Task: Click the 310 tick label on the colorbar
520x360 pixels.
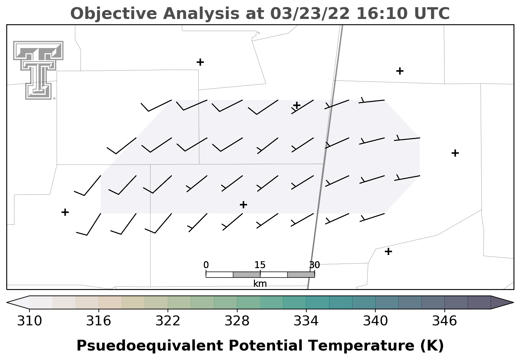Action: pos(29,321)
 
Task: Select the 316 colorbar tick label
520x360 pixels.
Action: pos(99,321)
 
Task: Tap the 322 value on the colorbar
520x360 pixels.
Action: pos(168,321)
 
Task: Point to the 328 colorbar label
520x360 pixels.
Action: pos(237,321)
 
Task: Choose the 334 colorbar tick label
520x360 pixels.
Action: pos(306,321)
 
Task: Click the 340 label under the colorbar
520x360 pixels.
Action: pos(375,321)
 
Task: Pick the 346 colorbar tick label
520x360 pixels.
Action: pos(444,321)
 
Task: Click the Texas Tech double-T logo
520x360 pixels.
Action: pos(38,70)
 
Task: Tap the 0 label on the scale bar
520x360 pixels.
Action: pos(206,265)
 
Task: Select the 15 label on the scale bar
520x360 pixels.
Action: pos(260,265)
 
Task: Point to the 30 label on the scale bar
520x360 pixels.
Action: pos(314,265)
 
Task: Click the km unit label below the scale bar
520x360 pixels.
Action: pos(260,283)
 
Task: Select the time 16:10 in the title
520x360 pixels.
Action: pos(382,13)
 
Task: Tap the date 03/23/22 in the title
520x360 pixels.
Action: pos(310,14)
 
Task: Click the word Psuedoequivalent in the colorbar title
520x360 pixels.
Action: pos(150,346)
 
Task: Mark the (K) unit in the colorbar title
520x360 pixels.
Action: pos(432,346)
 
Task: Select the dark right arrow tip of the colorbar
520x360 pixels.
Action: pos(513,302)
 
